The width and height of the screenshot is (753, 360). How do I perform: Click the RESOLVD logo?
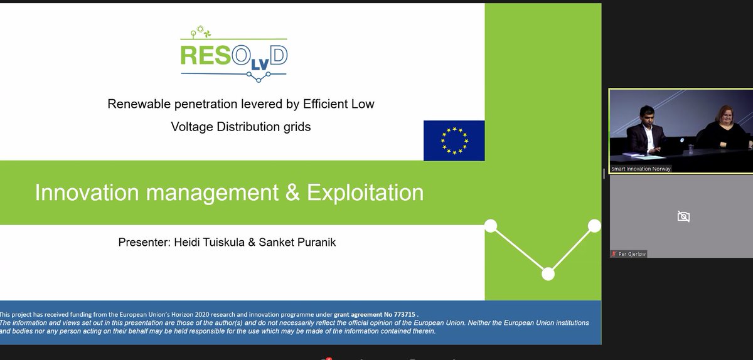[x=233, y=54]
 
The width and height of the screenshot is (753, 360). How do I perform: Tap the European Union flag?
[x=454, y=140]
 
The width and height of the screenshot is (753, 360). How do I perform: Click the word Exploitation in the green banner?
[x=365, y=193]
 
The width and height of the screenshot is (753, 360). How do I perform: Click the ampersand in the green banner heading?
[x=292, y=193]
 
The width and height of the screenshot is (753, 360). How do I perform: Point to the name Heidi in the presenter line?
[x=185, y=241]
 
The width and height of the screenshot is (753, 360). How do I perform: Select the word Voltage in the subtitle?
[x=191, y=126]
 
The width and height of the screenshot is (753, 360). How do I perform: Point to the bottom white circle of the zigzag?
[x=548, y=273]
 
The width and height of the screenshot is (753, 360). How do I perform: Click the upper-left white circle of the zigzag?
[x=491, y=225]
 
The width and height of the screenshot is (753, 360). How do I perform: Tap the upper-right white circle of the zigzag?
[x=594, y=225]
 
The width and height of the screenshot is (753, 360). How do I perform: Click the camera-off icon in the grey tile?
[x=683, y=216]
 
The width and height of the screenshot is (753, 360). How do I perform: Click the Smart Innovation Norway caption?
[x=641, y=169]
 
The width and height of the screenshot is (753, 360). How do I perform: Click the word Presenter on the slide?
[x=142, y=241]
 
